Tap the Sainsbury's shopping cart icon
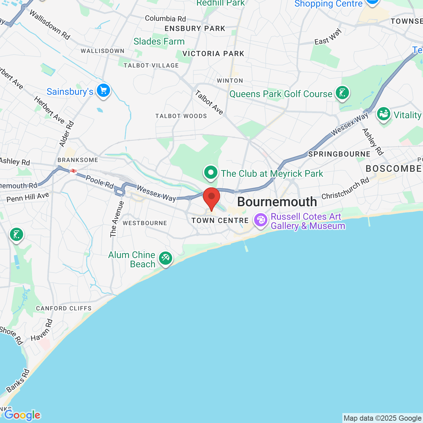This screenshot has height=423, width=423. coord(103,90)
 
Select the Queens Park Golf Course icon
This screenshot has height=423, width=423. coord(342,93)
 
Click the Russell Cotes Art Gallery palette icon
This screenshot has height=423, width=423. coord(261,220)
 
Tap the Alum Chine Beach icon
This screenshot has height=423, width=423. coord(166,258)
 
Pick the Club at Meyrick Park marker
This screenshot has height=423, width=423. coord(211,173)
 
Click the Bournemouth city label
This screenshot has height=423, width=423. coord(277,202)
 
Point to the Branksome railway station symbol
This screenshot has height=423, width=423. coord(73,171)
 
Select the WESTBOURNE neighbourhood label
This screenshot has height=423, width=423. coord(145,223)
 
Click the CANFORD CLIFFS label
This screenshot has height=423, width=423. coord(64,308)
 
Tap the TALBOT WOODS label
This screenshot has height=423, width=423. coord(181,116)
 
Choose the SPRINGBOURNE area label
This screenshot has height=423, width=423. coord(339,154)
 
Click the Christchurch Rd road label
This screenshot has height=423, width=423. coord(345,188)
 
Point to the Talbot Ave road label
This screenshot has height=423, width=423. coord(209,102)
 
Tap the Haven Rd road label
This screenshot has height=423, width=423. coord(42,330)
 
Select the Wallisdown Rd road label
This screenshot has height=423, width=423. coord(50,25)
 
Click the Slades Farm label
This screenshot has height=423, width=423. coord(159,41)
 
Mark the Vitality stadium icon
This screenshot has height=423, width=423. coord(384,114)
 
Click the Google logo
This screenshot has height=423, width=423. coord(22,415)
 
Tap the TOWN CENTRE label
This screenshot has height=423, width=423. coord(220,220)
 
